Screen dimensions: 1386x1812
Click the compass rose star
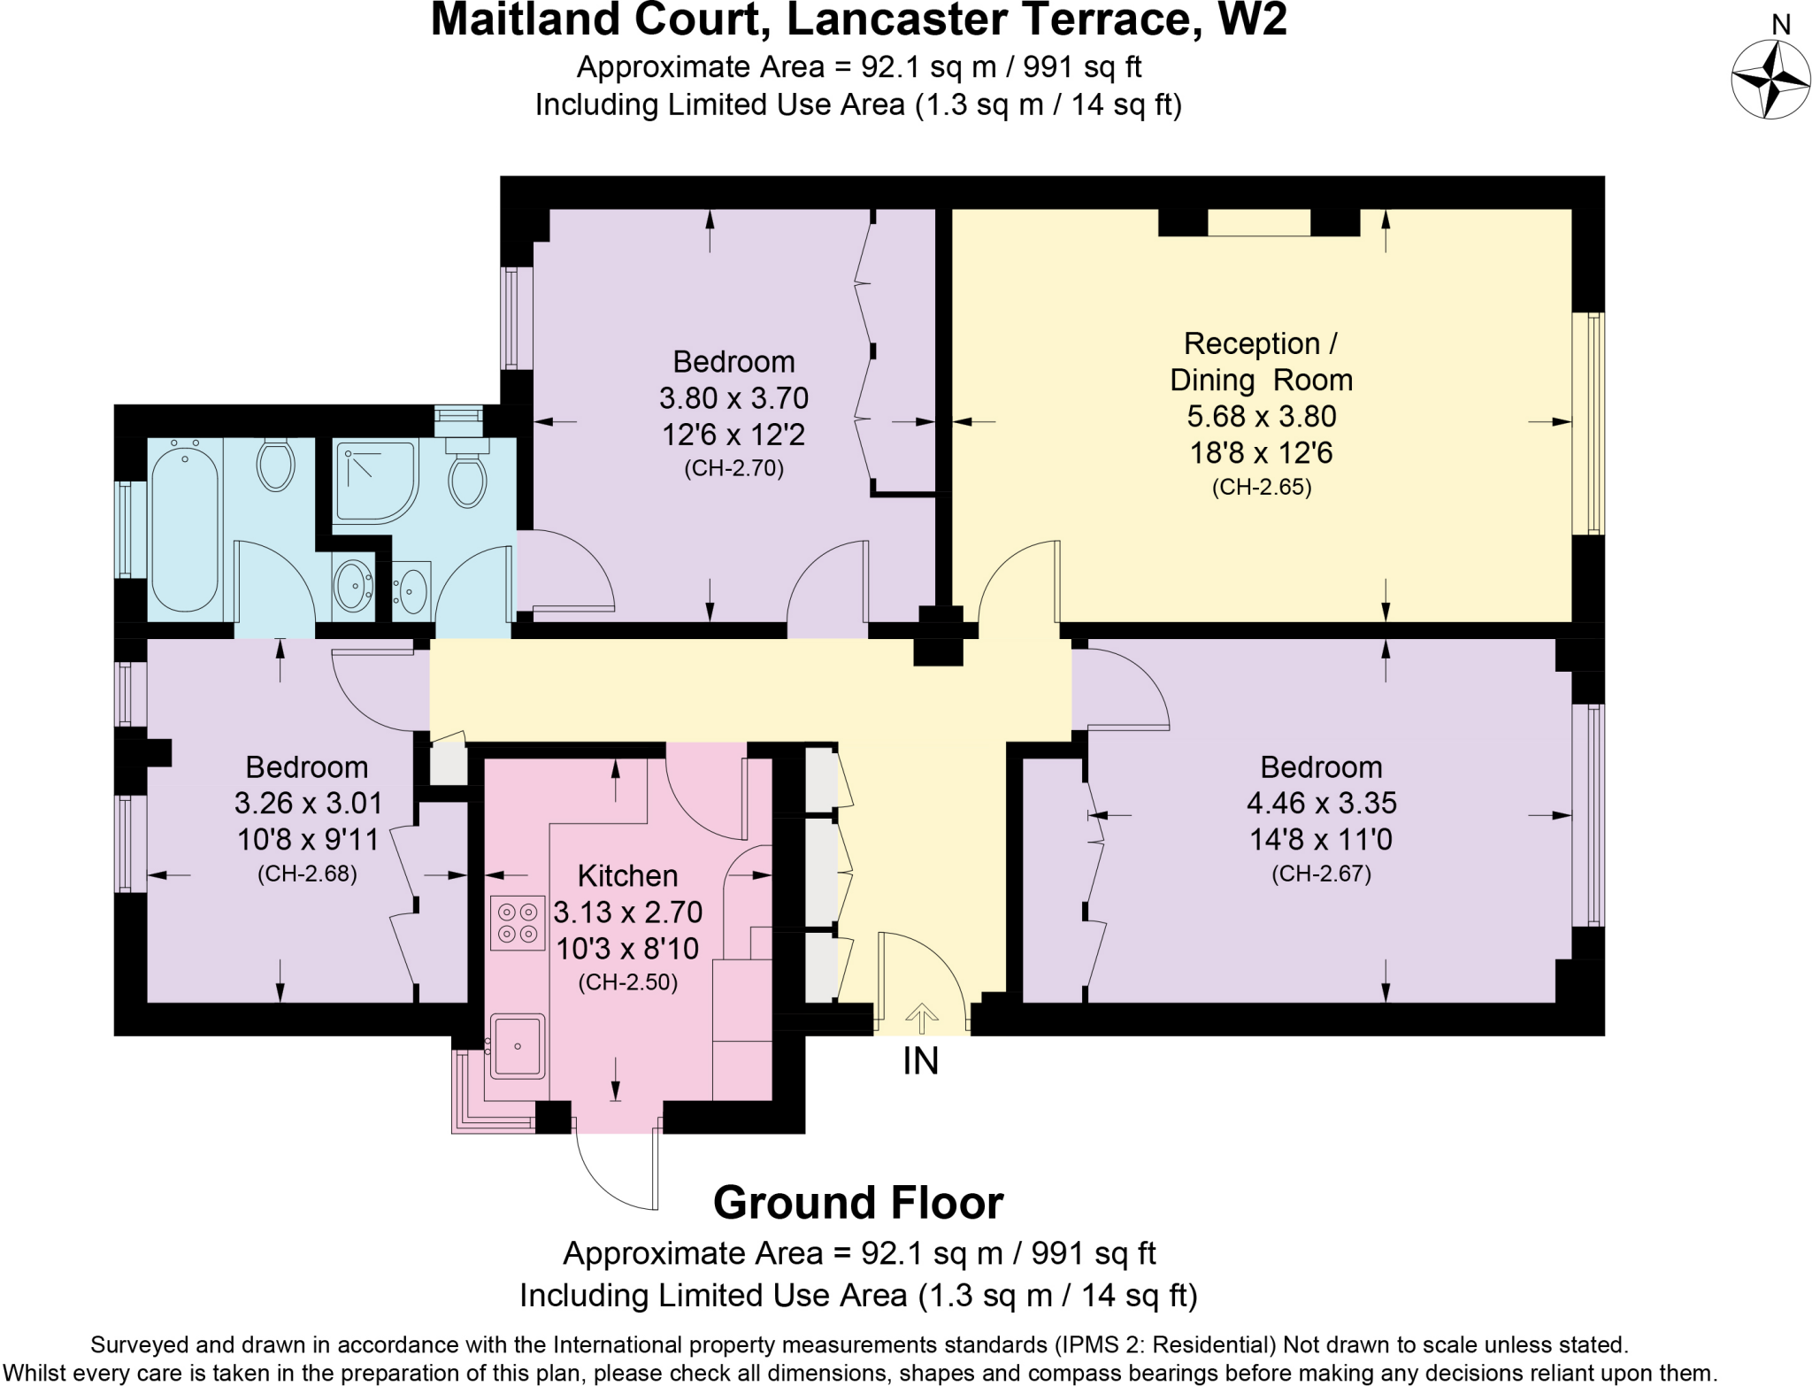coord(1770,80)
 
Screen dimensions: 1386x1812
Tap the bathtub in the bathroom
coord(185,528)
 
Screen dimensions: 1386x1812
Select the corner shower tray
coord(373,481)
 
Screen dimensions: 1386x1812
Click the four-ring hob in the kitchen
coord(518,922)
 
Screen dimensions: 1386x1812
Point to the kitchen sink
coord(518,1046)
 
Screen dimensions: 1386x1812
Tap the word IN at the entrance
coord(920,1061)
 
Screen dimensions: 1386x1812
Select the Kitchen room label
coord(627,875)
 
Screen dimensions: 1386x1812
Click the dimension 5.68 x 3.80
coord(1261,416)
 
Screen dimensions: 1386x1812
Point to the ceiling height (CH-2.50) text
coord(627,982)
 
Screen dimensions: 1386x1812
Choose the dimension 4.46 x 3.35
coord(1321,803)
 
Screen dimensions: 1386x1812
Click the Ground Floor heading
coord(857,1203)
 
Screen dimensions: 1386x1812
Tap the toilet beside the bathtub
coord(275,464)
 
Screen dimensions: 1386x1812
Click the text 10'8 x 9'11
coord(307,839)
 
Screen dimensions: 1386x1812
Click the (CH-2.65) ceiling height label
coord(1261,487)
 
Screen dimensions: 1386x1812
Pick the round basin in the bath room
coord(353,585)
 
